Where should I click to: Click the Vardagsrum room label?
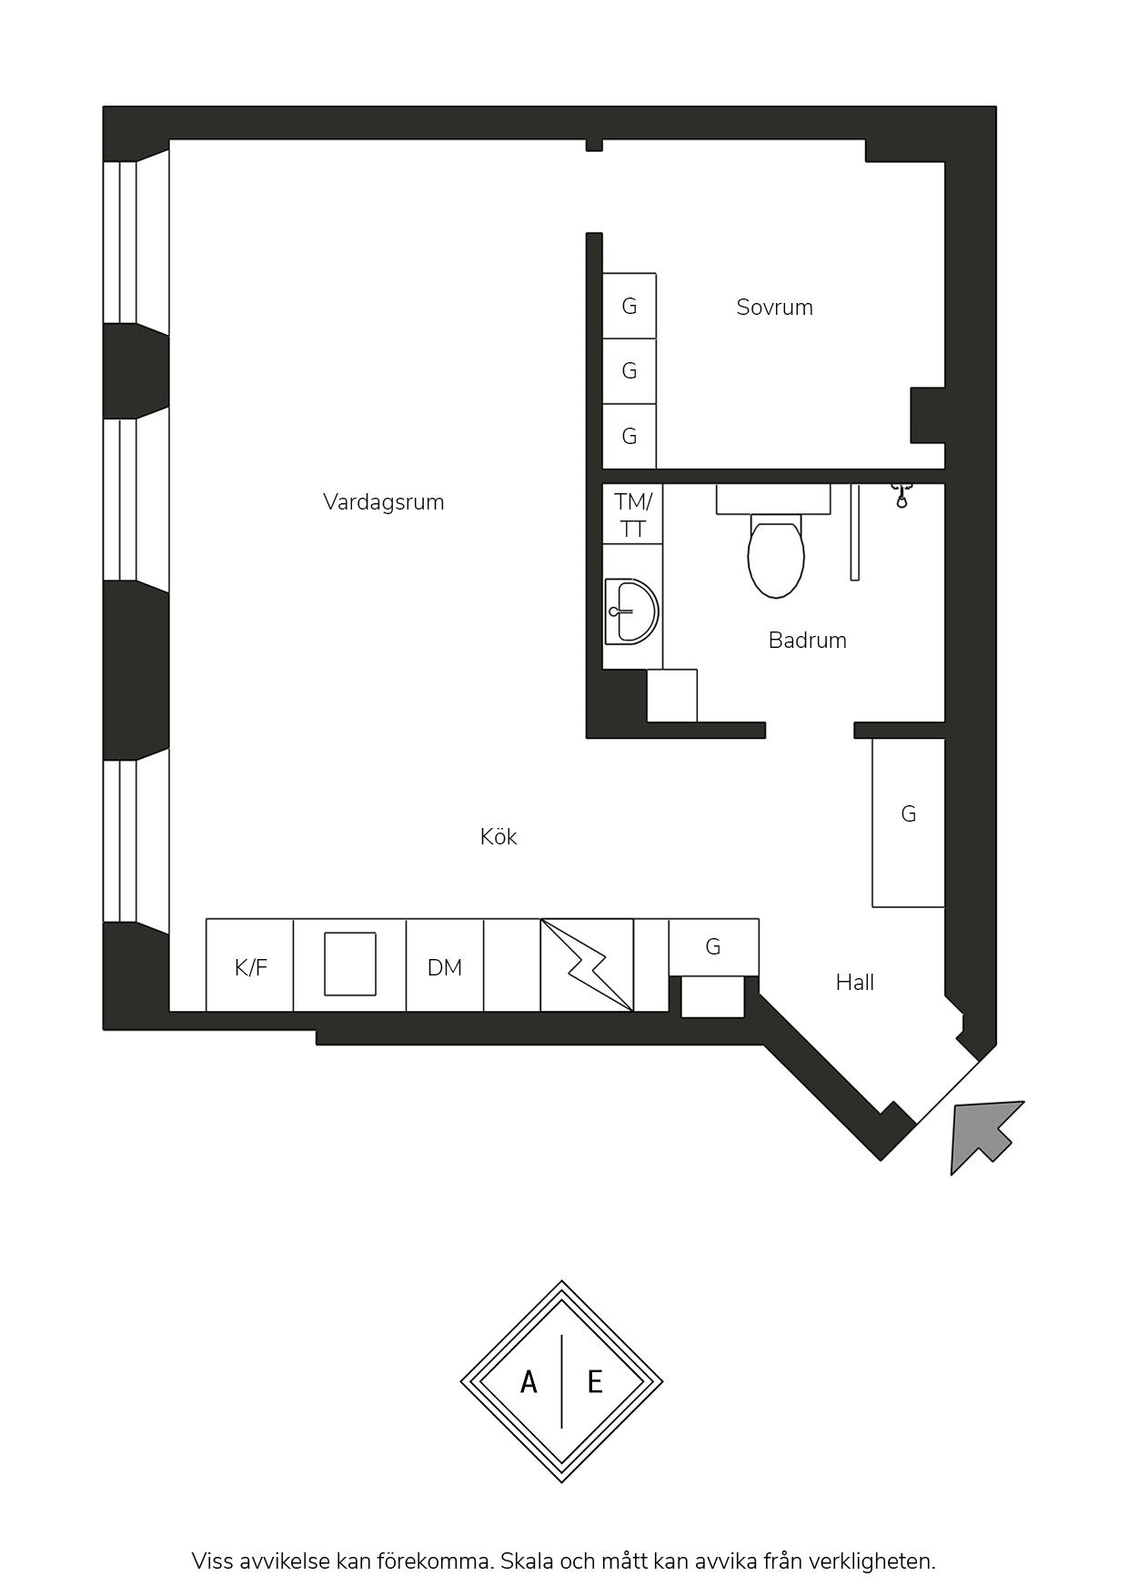(x=383, y=502)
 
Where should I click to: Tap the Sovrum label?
(x=775, y=308)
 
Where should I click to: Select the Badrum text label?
(x=808, y=641)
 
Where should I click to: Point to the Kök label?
(x=499, y=837)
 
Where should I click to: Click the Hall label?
(x=855, y=983)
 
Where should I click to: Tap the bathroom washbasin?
(x=632, y=611)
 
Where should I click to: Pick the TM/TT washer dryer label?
(x=633, y=515)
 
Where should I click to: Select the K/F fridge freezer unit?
(x=250, y=965)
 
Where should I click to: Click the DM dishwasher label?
(x=445, y=968)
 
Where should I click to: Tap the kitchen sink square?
(x=350, y=964)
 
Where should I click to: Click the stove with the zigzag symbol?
(x=587, y=965)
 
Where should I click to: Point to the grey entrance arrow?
(x=984, y=1134)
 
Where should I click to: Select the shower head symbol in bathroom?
(x=901, y=495)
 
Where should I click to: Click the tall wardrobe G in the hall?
(x=908, y=823)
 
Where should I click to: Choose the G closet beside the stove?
(x=713, y=947)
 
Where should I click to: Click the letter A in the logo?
(x=529, y=1383)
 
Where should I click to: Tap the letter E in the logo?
(x=596, y=1383)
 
